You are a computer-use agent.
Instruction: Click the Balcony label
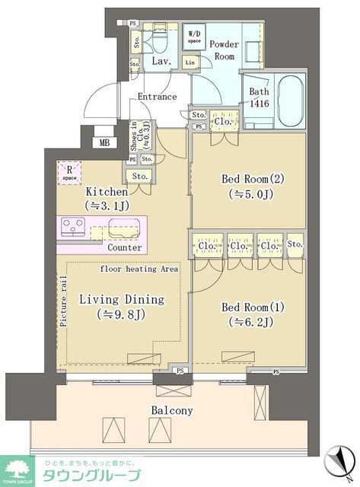coord(170,411)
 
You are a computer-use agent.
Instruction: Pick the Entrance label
coord(157,97)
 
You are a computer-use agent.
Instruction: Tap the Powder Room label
coord(224,50)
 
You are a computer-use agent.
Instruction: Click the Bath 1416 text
coord(259,98)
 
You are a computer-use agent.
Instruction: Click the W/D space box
coord(194,36)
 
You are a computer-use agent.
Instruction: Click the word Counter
coord(124,248)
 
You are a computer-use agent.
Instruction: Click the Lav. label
coord(160,61)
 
